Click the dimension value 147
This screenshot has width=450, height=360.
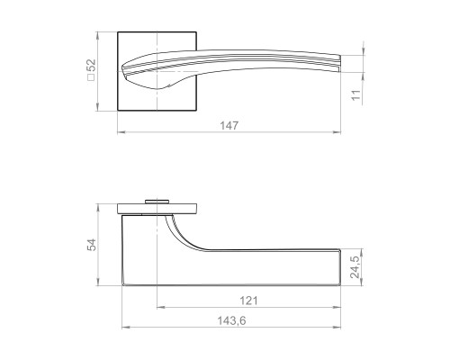(229, 125)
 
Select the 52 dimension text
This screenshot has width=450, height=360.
(92, 66)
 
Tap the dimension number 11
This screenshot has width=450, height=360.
(355, 95)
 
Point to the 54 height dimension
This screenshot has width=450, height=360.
(91, 245)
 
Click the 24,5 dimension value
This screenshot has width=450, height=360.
(355, 267)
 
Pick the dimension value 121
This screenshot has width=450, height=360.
(248, 301)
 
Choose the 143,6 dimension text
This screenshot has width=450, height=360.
(231, 320)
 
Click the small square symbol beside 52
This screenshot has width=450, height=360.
(91, 77)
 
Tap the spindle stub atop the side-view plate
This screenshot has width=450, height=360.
(157, 202)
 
